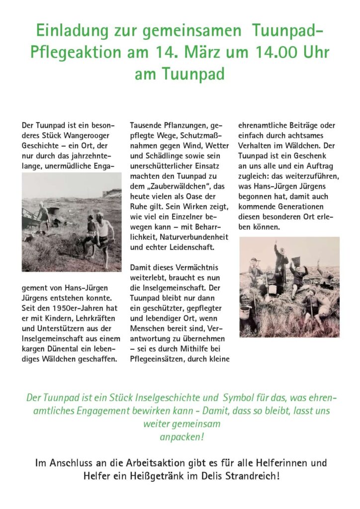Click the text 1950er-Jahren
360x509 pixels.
(63, 308)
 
